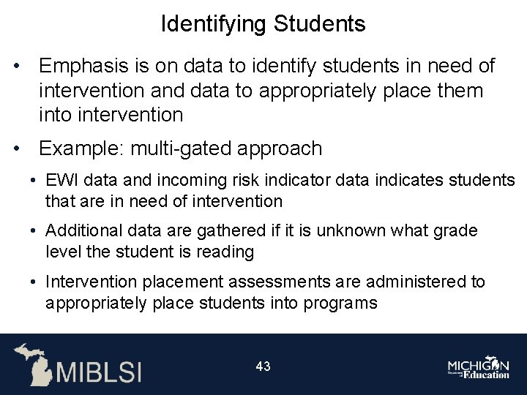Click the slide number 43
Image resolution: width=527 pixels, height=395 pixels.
pos(263,366)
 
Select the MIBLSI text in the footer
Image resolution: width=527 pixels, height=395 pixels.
pos(100,371)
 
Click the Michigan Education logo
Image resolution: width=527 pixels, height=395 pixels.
pos(479,368)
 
